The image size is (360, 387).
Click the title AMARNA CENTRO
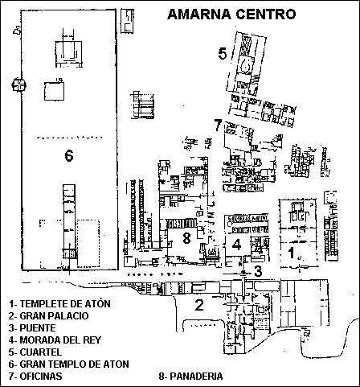tap(231, 14)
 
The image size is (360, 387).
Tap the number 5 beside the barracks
tap(223, 53)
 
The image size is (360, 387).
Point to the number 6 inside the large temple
tap(69, 155)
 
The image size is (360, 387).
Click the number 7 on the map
tap(218, 125)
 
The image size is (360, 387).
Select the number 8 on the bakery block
tap(186, 237)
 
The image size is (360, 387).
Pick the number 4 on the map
tap(236, 245)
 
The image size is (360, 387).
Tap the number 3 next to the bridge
tap(258, 271)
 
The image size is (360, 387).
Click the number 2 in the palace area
tap(199, 305)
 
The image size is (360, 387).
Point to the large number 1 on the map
tap(291, 253)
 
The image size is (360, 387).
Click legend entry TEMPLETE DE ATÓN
tap(59, 304)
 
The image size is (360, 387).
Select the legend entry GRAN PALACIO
tap(48, 316)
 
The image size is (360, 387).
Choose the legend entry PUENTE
tap(32, 328)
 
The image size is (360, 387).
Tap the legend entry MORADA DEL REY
tap(55, 340)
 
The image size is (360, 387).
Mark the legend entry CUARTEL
tap(35, 352)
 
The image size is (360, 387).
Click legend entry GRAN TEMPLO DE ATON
tap(69, 364)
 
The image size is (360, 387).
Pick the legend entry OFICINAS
tap(35, 377)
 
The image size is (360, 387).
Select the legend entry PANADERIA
tap(190, 377)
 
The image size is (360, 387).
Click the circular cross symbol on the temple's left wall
tap(19, 84)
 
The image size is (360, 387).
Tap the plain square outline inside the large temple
tap(54, 91)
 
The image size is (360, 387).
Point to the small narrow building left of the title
tap(127, 21)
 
